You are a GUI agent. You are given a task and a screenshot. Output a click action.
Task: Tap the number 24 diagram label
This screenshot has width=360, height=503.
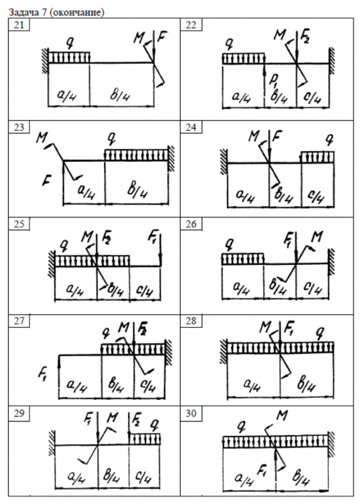pos(190,127)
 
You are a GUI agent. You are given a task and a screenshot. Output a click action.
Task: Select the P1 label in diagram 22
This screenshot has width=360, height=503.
pos(273,79)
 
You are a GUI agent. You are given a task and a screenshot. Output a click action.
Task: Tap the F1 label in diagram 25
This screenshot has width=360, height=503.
pos(155,235)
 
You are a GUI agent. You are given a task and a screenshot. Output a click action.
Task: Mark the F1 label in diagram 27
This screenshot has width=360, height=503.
pos(44,374)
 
